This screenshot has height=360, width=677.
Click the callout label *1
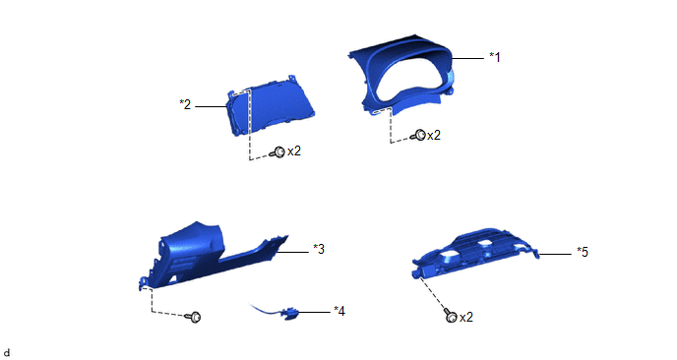pos(495,57)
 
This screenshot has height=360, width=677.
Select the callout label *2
pos(185,104)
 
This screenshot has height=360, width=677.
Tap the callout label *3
pos(319,249)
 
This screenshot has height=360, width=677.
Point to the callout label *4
pos(339,311)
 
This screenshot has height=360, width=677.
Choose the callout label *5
pos(583,252)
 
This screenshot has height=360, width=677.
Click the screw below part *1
pos(418,135)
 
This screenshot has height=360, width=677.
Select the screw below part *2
pos(277,151)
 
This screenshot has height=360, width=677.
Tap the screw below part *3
pos(194,318)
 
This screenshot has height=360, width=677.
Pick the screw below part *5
pos(450,316)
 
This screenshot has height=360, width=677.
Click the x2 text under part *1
pos(434,136)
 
